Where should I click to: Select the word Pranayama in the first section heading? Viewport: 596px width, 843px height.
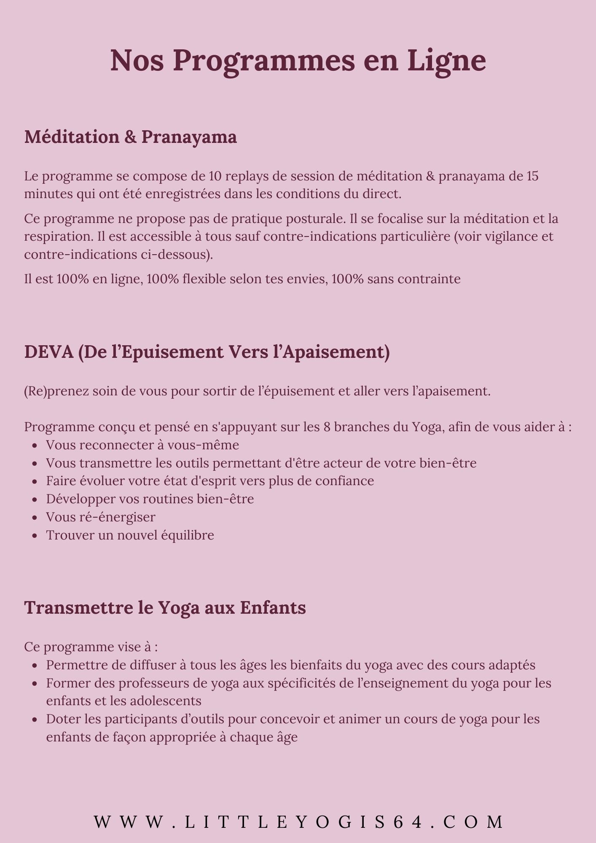click(189, 137)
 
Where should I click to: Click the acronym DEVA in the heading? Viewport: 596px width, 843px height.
click(49, 352)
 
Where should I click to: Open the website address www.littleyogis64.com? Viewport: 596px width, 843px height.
click(298, 822)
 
